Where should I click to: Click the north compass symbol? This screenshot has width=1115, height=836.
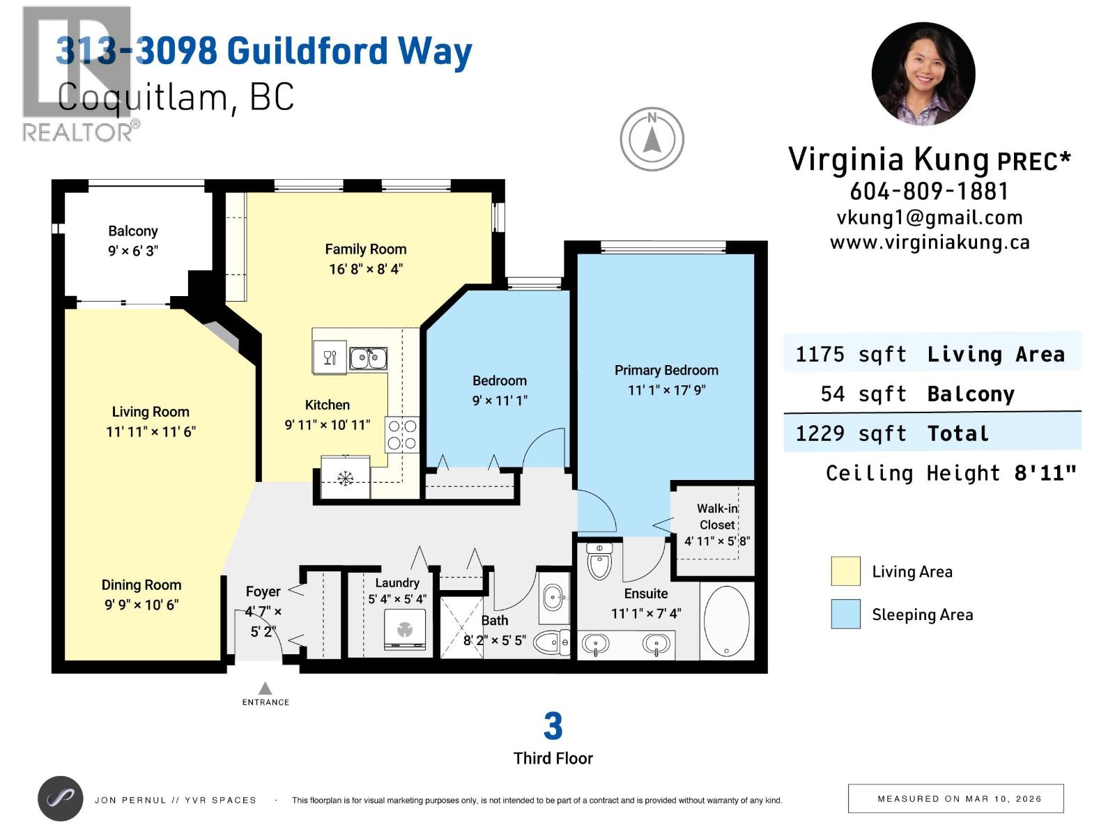click(x=652, y=139)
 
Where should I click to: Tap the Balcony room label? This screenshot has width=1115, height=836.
click(x=132, y=231)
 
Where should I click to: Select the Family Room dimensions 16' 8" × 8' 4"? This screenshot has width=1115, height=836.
click(x=365, y=269)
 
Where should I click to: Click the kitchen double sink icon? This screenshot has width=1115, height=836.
click(x=368, y=358)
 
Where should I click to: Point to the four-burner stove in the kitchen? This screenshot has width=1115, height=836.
click(x=402, y=435)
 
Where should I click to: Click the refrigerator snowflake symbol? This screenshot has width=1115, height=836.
click(x=344, y=478)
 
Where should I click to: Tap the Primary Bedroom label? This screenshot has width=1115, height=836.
click(x=666, y=370)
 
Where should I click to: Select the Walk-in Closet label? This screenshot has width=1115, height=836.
click(x=716, y=516)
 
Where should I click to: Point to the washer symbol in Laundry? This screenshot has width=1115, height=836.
click(x=405, y=630)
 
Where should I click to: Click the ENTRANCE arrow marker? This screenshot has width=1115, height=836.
click(x=265, y=689)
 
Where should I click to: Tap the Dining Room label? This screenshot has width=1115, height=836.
click(x=141, y=585)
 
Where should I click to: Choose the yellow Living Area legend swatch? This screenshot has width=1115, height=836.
click(x=845, y=571)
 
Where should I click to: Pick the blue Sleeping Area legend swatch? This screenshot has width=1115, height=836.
click(x=845, y=614)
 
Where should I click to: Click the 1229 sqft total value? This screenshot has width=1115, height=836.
click(x=850, y=433)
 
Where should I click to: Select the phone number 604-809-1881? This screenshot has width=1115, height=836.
click(x=929, y=191)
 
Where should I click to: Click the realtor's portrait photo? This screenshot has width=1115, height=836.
click(x=923, y=74)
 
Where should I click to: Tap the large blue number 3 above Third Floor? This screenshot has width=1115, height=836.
click(x=553, y=727)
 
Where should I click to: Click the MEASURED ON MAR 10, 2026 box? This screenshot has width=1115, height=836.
click(x=955, y=798)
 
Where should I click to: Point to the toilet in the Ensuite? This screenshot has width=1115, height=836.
click(x=599, y=561)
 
